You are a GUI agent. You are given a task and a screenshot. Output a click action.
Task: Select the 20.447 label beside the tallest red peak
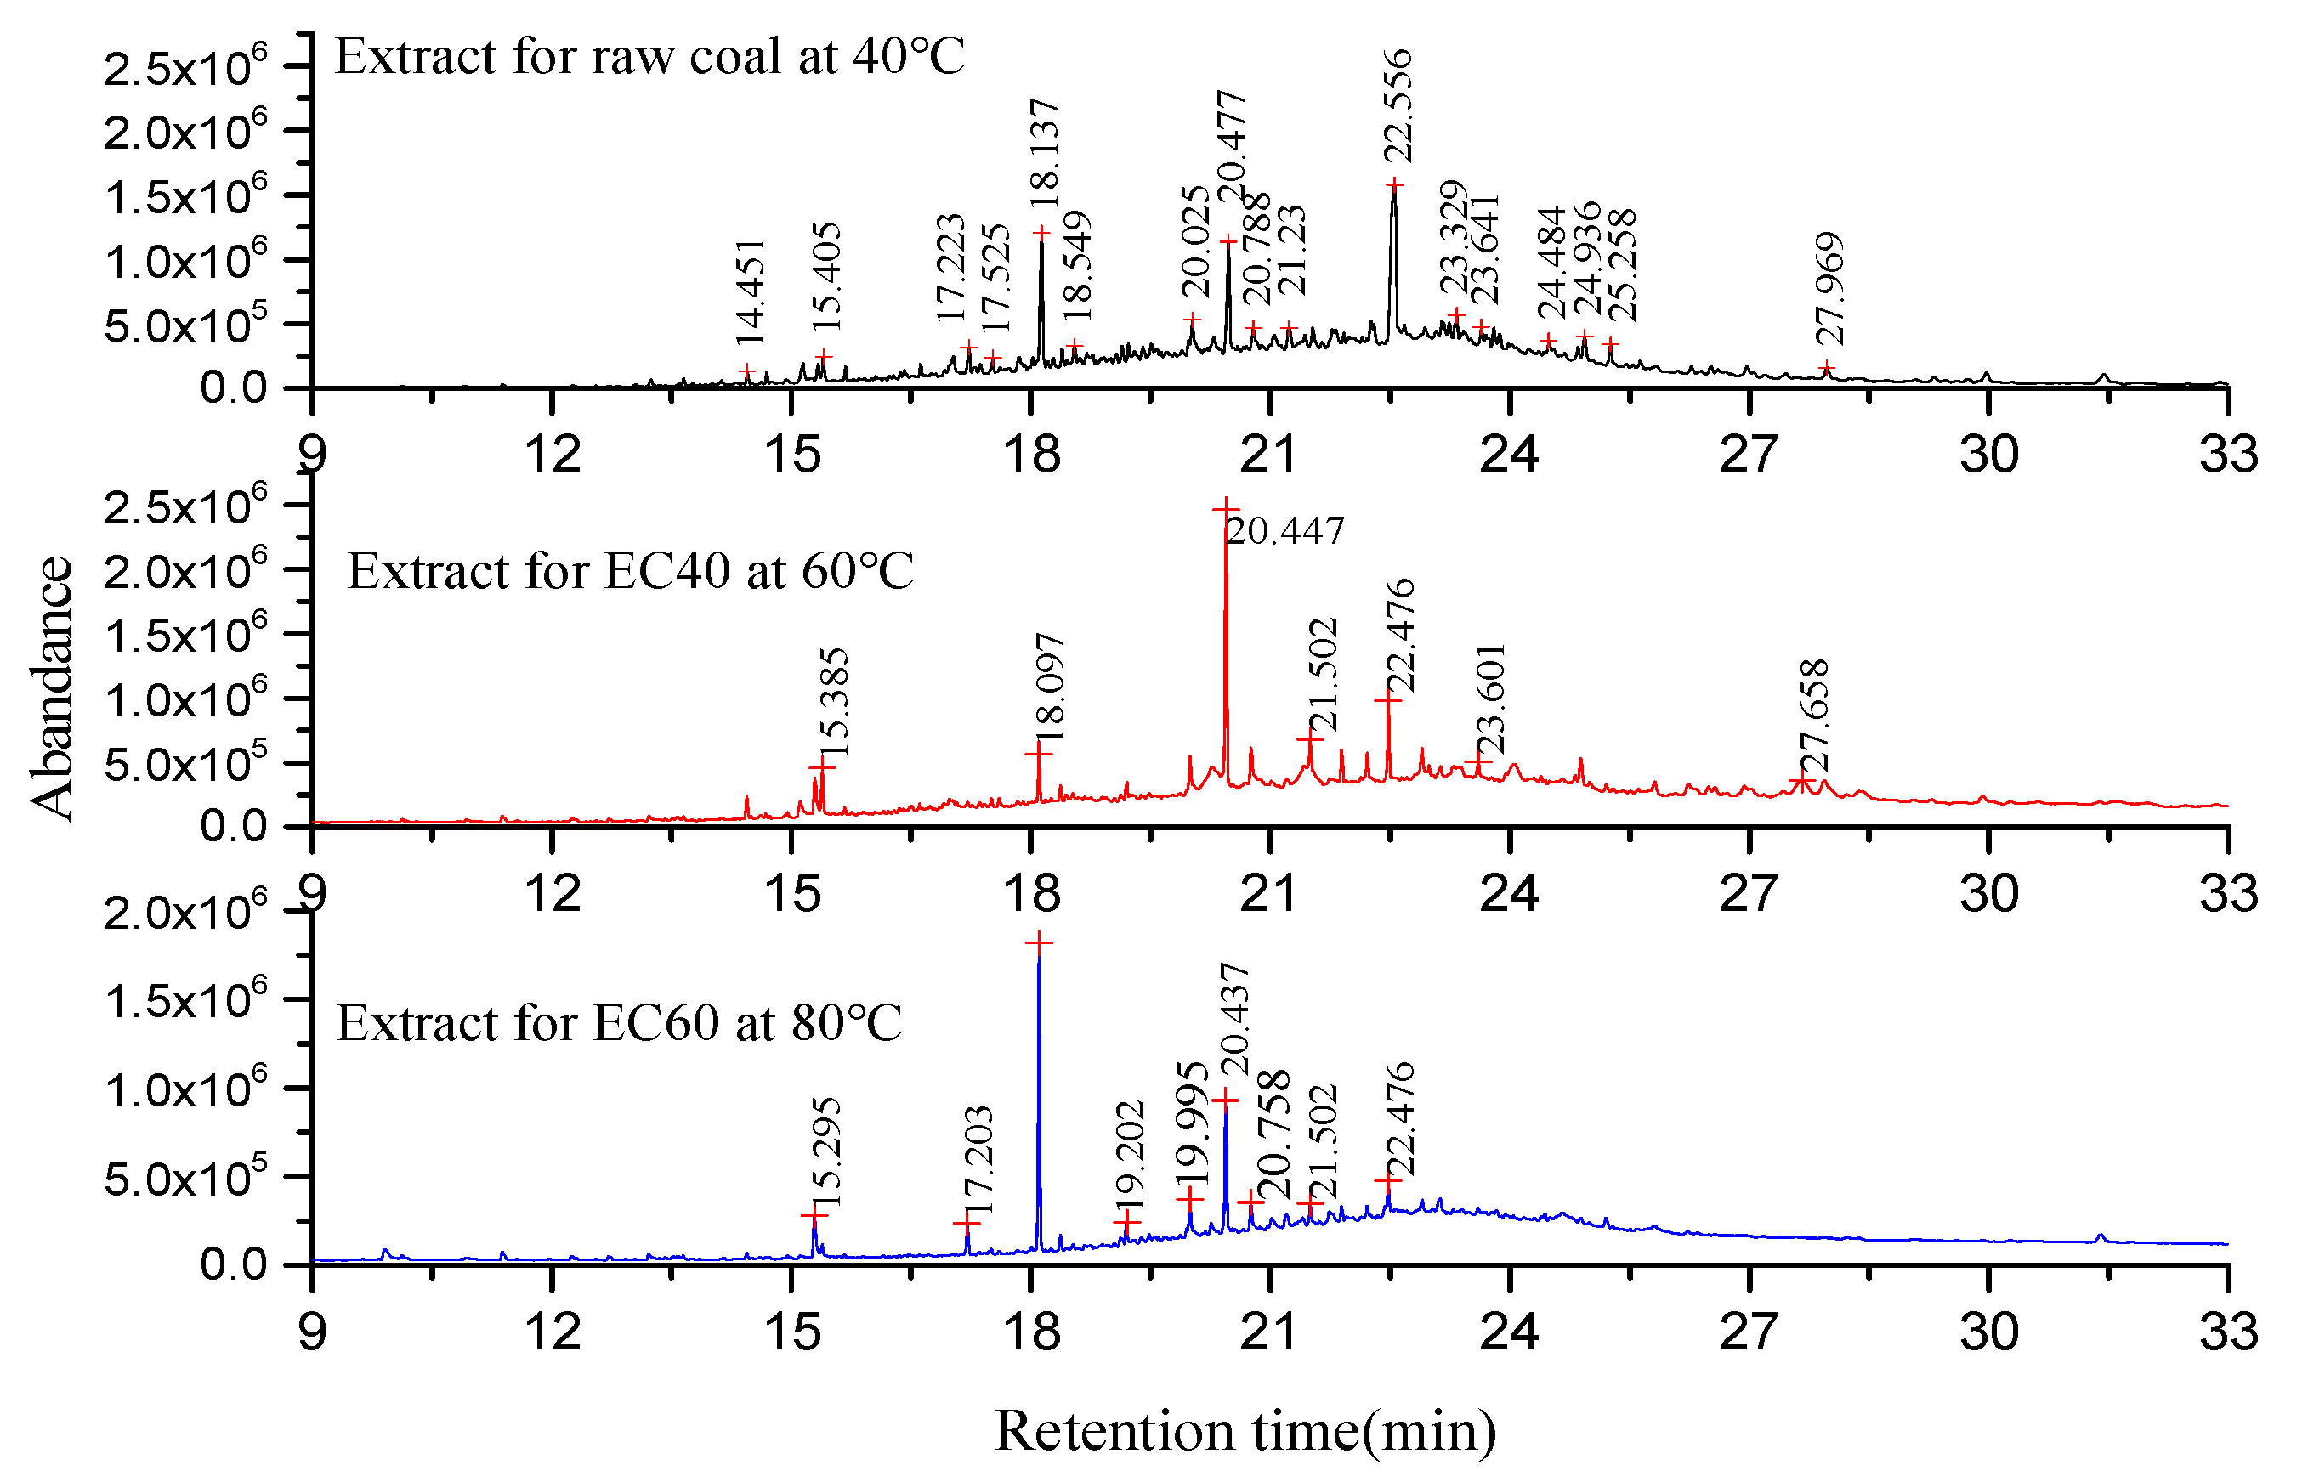pos(1284,531)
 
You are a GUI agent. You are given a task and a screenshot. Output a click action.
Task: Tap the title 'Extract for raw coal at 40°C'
pos(649,57)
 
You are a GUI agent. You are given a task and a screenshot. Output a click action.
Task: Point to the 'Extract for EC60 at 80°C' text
pos(619,1023)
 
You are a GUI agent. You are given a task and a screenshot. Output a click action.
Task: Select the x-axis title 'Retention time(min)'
pos(1245,1431)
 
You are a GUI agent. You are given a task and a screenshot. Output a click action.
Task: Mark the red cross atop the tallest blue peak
pos(1039,943)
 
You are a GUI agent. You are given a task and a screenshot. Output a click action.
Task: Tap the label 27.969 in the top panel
pos(1829,289)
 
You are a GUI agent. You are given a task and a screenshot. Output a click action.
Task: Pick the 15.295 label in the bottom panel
pos(825,1153)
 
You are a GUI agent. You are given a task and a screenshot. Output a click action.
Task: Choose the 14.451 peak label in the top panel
pos(750,291)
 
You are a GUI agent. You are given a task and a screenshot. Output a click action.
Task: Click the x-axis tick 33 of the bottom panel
pos(2227,1332)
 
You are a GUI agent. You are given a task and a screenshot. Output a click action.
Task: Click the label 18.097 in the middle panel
pos(1049,689)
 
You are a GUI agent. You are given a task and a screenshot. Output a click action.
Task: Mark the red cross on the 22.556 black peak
pos(1393,184)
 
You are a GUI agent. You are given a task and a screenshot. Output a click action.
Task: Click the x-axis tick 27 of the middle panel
pos(1748,894)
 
